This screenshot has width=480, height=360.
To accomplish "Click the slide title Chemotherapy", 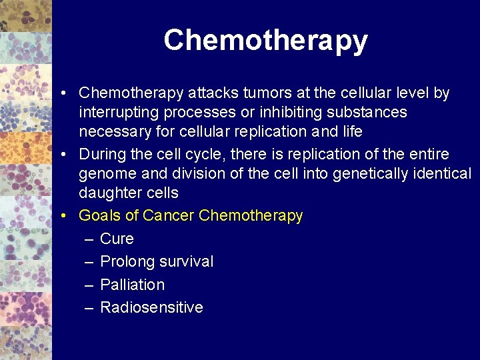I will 265,41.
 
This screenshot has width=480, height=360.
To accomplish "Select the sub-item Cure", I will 117,239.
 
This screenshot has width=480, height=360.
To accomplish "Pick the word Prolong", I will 127,262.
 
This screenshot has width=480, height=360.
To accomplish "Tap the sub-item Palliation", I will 132,285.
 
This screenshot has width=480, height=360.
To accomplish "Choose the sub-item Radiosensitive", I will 151,307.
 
